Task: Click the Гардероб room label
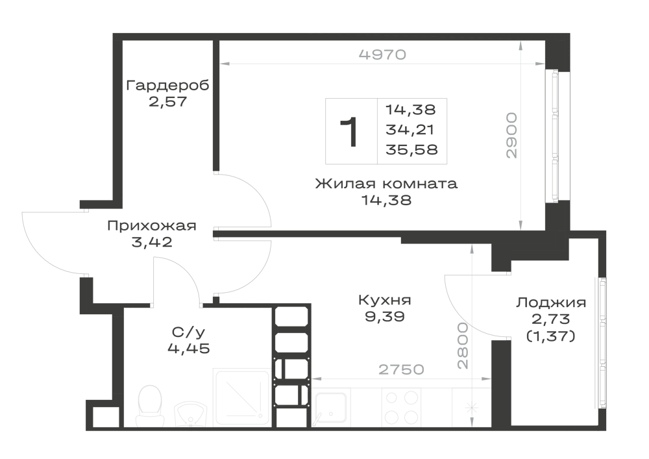coord(167,85)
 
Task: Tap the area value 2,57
coord(168,101)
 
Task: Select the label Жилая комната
coord(386,183)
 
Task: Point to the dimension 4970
coord(382,55)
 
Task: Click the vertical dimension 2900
coord(512,135)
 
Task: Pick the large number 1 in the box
coord(349,132)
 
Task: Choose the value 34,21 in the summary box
coord(410,130)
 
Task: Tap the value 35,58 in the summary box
coord(411,149)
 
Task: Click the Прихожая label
coord(151,226)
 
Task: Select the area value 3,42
coord(151,242)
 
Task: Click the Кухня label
coord(384,300)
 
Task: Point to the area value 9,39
coord(384,317)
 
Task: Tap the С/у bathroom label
coord(188,332)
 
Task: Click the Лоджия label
coord(551,303)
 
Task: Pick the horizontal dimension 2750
coord(402,369)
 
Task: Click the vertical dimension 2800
coord(463,345)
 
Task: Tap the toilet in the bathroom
coord(149,406)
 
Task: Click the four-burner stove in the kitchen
coord(401,407)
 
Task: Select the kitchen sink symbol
coord(330,408)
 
